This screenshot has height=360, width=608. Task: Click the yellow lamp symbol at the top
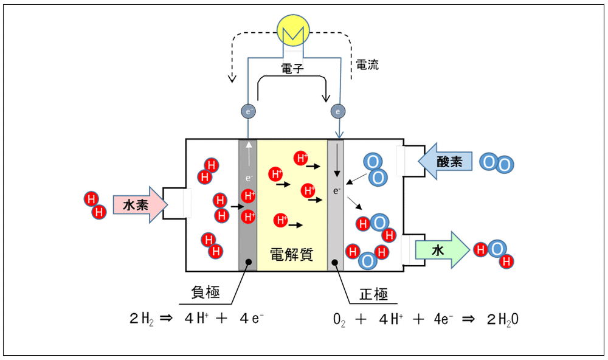(293, 30)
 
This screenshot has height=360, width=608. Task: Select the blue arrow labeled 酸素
(445, 161)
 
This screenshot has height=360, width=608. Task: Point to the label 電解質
(292, 254)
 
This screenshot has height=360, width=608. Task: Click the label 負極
(206, 292)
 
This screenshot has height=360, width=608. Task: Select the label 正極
(373, 294)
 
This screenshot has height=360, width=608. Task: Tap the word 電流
(367, 65)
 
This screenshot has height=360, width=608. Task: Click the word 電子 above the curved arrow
(292, 69)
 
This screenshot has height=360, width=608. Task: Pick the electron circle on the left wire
(248, 111)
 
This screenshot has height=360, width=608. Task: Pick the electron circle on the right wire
(337, 111)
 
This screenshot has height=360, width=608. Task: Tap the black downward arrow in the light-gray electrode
(337, 160)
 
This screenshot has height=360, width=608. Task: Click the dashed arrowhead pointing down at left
(232, 78)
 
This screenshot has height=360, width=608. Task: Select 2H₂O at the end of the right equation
(503, 320)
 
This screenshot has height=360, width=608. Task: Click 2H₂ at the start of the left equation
(142, 319)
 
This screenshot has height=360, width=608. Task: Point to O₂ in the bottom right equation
(339, 320)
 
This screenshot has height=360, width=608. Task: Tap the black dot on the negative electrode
(249, 262)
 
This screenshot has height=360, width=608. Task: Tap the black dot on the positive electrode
(335, 263)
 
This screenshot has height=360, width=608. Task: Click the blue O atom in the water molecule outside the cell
(497, 249)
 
